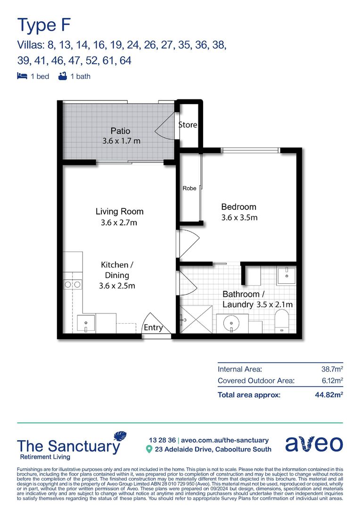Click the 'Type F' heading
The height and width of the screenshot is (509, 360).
coord(44,25)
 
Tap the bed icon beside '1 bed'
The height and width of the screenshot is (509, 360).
coord(22,76)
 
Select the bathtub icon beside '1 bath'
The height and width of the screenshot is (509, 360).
coord(63,76)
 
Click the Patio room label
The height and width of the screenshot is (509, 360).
coord(121,131)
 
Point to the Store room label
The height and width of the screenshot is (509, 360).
coord(188,124)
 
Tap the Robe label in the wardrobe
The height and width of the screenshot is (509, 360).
coord(189,188)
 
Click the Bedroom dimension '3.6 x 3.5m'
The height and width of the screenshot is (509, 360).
coord(239,218)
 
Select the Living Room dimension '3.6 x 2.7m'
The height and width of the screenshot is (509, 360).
coord(119,222)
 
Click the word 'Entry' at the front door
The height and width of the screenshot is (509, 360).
coord(153,327)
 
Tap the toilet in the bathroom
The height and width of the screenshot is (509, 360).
coord(282,321)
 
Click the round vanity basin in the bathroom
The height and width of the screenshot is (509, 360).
coord(231,323)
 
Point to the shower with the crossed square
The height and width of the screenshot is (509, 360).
coord(196,320)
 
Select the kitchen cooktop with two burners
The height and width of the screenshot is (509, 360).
coord(73,285)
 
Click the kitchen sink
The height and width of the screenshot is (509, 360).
coord(86,323)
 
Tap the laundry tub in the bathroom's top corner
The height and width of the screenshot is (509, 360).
coord(286,276)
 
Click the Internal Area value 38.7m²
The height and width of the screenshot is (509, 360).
coord(332,369)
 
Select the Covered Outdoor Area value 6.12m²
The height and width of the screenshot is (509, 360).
coord(332,380)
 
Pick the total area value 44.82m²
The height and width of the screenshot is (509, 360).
coord(329,395)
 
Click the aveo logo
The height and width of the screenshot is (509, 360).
coord(314,444)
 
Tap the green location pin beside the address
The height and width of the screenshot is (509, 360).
coord(149,449)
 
